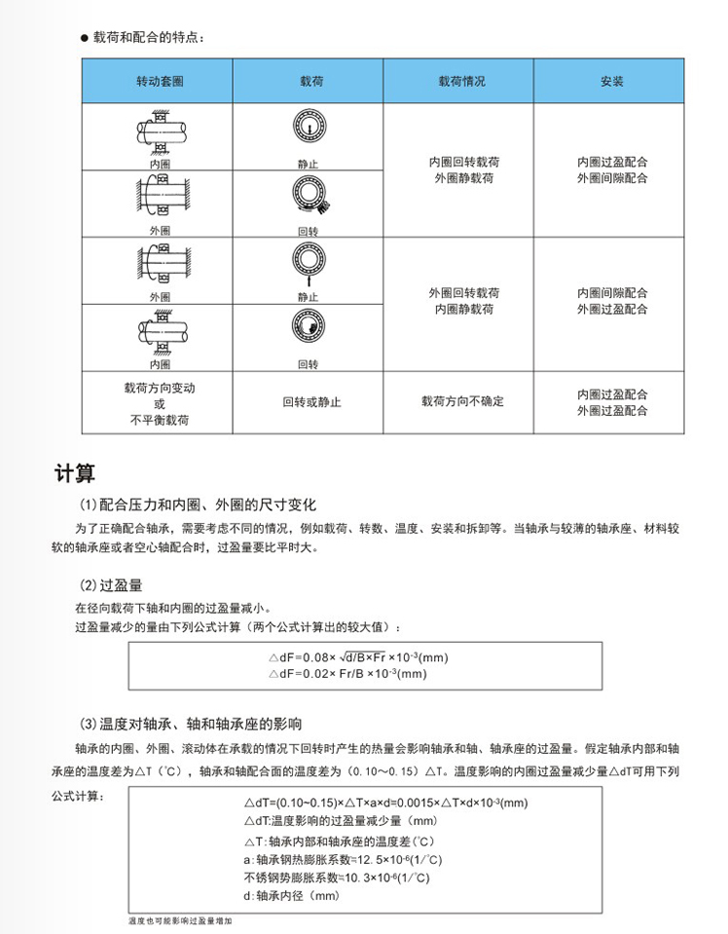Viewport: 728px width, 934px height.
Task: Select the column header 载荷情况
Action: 461,81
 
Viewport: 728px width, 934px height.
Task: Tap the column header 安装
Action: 612,81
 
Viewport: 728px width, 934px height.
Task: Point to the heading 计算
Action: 74,475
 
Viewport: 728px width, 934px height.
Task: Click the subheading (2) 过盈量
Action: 111,585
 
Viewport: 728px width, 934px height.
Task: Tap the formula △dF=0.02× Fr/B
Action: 346,673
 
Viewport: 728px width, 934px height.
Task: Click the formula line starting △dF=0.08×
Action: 357,657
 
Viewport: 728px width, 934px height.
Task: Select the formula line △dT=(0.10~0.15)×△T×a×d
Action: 384,803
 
